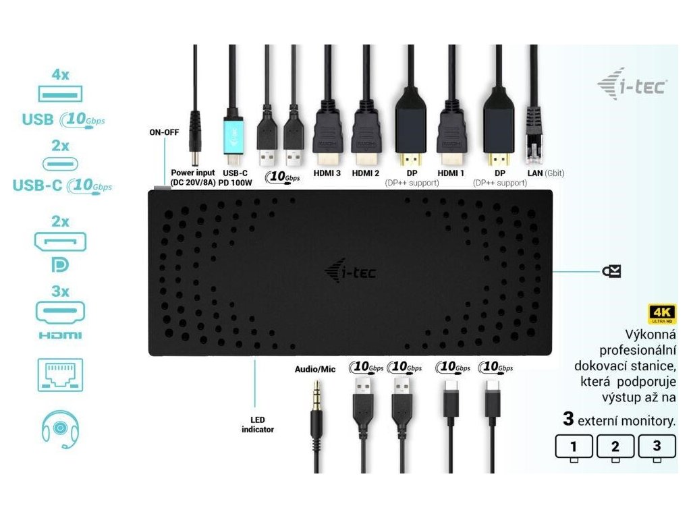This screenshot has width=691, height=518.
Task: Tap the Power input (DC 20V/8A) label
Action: pyautogui.click(x=193, y=178)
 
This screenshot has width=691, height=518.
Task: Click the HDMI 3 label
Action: pyautogui.click(x=327, y=173)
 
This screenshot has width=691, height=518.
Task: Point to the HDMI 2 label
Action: pyautogui.click(x=366, y=173)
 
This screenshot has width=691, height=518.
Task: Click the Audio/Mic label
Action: pyautogui.click(x=315, y=369)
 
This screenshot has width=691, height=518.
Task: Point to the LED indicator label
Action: pyautogui.click(x=257, y=424)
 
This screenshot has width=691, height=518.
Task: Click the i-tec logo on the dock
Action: pyautogui.click(x=351, y=272)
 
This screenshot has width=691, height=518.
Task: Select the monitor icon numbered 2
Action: pyautogui.click(x=613, y=447)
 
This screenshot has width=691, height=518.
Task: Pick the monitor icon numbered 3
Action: pyautogui.click(x=656, y=447)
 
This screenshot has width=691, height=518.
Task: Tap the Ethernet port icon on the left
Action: pyautogui.click(x=60, y=376)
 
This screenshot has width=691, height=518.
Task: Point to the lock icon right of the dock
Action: pyautogui.click(x=611, y=272)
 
